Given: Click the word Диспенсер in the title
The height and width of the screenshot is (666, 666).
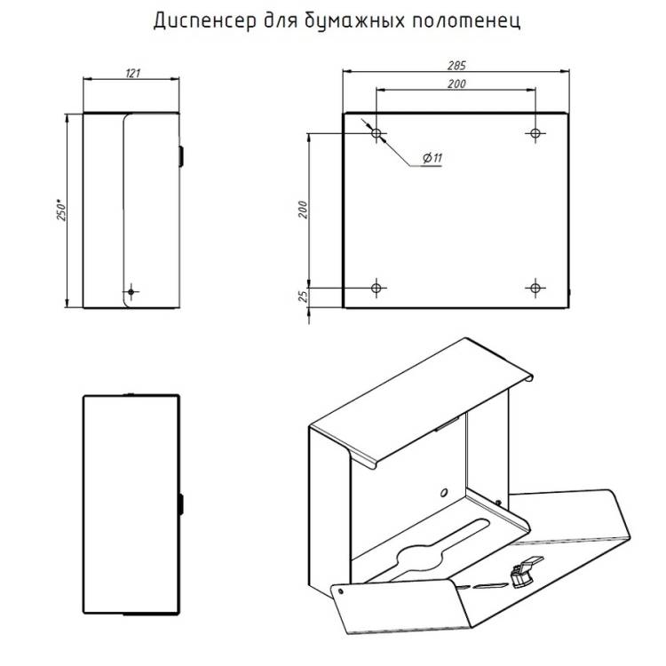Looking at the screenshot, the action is pos(205,21).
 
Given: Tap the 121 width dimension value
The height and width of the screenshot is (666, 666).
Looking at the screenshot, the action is pos(132,73).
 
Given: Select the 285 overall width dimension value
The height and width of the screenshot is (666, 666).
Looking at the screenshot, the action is pos(456,66).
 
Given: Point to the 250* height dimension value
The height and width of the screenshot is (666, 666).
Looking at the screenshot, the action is pos(61,209).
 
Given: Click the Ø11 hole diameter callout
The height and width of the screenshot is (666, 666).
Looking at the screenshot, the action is pos(432,158).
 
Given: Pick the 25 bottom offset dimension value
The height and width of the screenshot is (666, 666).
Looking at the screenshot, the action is pos(303,296).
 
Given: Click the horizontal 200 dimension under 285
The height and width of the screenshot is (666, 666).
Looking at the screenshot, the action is pos(456,83).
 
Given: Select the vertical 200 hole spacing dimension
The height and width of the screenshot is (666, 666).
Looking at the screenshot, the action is pos(303,210).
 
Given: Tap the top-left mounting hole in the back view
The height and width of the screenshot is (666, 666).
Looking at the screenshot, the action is pos(377,133).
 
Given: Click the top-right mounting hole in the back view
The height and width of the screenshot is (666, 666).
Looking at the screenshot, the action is pos(535,133).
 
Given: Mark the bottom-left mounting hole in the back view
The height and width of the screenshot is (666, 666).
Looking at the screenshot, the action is pos(377,289).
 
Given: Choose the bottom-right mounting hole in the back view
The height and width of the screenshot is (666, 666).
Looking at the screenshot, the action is pos(535,289).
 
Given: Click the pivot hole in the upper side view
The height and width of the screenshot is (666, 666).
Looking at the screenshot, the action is pos(131,292).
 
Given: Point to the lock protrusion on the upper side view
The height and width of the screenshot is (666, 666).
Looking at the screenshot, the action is pos(181,156).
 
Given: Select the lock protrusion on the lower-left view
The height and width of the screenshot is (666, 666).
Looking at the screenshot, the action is pos(181,504).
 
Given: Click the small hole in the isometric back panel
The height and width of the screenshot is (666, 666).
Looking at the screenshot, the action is pos(444,492).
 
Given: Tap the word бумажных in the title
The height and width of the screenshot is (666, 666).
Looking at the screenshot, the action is pos(355,21).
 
